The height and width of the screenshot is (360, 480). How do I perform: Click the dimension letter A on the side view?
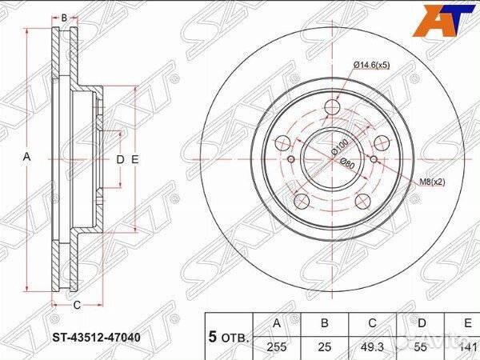(x=26, y=158)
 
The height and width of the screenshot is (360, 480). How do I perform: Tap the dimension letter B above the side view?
(x=64, y=16)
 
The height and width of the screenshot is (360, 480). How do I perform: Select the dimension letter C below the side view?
(x=77, y=305)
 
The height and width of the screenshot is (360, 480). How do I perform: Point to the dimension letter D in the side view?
(x=120, y=159)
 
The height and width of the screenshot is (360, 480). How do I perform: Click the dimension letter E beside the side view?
(x=135, y=159)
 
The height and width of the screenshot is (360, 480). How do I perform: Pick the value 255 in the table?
(x=278, y=346)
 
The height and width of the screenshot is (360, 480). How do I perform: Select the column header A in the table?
(x=278, y=323)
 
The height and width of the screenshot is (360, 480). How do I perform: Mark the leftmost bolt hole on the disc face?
(x=282, y=144)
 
